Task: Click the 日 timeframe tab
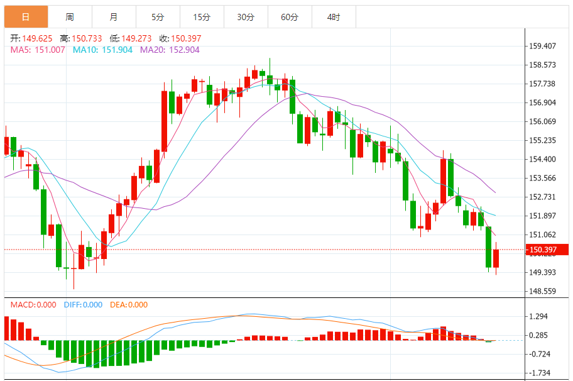click(26, 17)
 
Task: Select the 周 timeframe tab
click(70, 17)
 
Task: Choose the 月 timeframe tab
click(113, 17)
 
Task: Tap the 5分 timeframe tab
click(157, 17)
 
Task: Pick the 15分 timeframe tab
click(202, 17)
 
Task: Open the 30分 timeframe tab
click(246, 17)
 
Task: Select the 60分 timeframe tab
click(290, 17)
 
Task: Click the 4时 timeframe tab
click(334, 17)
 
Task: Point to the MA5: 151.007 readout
click(38, 50)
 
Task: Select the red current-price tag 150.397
click(547, 250)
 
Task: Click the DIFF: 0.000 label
click(83, 305)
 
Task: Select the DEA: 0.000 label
click(129, 305)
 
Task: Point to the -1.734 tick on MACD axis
click(540, 373)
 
